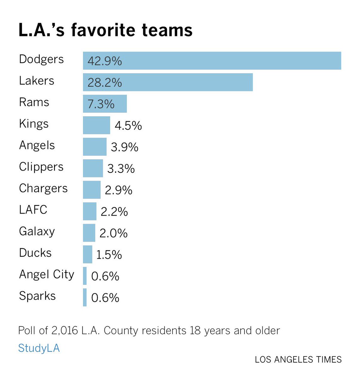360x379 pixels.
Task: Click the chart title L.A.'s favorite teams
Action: [x=105, y=30]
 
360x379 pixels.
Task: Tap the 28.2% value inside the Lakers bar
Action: [x=105, y=83]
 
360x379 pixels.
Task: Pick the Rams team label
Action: [x=34, y=102]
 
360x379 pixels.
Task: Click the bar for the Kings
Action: [x=96, y=125]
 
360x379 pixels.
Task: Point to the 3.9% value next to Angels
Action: [x=125, y=147]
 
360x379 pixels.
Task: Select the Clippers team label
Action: [x=41, y=167]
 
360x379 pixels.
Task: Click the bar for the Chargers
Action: [x=91, y=190]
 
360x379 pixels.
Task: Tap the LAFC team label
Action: [x=33, y=210]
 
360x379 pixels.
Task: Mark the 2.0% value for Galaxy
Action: [x=114, y=233]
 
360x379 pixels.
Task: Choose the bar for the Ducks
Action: [x=87, y=254]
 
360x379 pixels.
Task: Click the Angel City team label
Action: [x=46, y=274]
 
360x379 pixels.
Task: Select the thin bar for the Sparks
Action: [x=85, y=297]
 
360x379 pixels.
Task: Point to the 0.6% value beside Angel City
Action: [x=105, y=276]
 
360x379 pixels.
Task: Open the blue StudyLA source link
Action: [x=39, y=348]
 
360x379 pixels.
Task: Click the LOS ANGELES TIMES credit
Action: [x=298, y=359]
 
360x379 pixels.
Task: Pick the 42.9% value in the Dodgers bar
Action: [x=105, y=61]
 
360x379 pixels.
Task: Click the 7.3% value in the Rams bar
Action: [x=101, y=104]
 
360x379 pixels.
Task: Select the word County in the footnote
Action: [x=121, y=331]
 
